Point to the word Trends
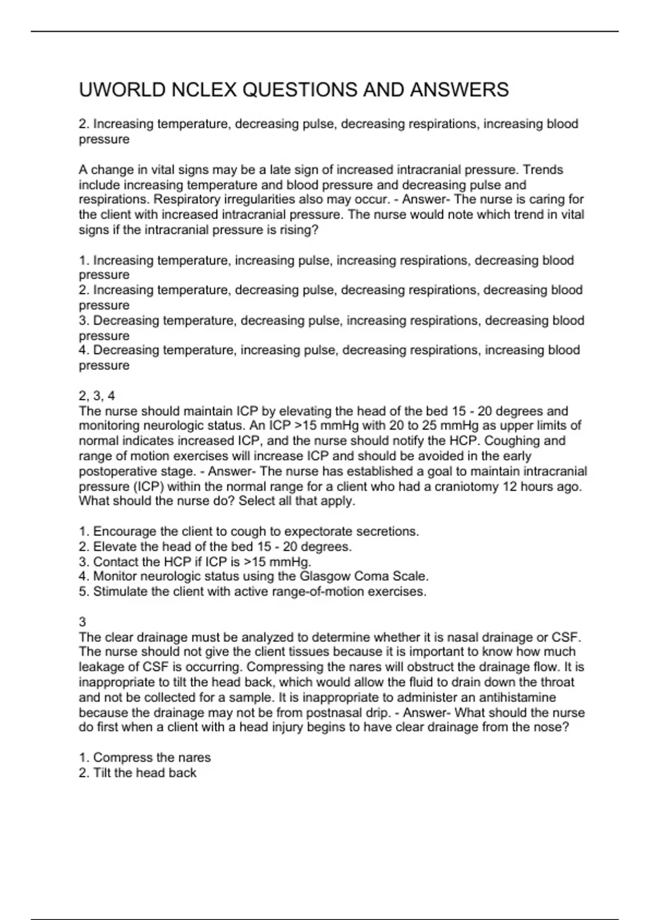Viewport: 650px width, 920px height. click(543, 170)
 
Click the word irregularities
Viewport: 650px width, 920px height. click(255, 200)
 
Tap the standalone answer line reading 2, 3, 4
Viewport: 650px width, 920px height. click(97, 396)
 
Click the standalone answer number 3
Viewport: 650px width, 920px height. click(82, 622)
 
